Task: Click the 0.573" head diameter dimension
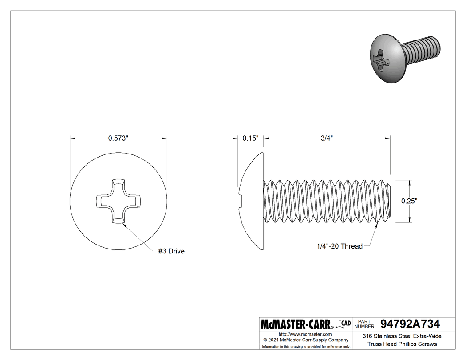click(x=118, y=138)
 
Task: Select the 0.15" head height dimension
click(x=250, y=138)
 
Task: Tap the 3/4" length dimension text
click(x=327, y=138)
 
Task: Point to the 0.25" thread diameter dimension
click(x=409, y=201)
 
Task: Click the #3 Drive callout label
click(x=171, y=251)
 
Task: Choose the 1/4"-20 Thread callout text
click(x=340, y=246)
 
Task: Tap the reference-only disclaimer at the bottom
click(x=305, y=346)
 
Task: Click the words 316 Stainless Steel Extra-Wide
click(x=402, y=336)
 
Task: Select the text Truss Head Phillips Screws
click(x=402, y=344)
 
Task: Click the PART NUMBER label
click(x=365, y=324)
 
